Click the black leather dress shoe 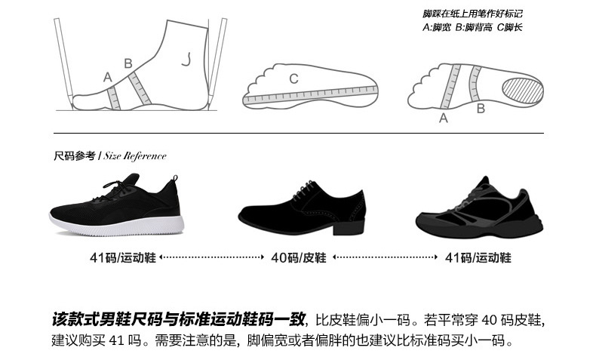point(298,208)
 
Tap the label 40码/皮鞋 point(298,258)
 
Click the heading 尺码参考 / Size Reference point(110,156)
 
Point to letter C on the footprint point(293,78)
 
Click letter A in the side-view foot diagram point(108,76)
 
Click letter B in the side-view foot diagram point(127,63)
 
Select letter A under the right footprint point(444,118)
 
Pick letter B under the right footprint point(480,108)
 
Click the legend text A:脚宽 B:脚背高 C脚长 point(472,28)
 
